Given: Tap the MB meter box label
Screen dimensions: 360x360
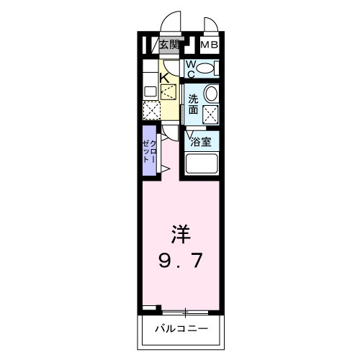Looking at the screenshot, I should click(x=209, y=45).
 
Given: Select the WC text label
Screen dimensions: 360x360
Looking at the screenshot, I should click(x=191, y=69).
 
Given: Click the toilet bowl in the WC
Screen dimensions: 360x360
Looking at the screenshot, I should click(x=207, y=69).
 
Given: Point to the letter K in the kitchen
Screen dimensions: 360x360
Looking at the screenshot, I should click(x=164, y=77).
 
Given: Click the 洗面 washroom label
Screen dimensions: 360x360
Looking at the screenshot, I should click(x=193, y=104).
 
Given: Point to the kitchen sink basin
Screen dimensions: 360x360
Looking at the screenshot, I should click(x=150, y=91).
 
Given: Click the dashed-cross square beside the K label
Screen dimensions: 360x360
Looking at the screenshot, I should click(x=168, y=91).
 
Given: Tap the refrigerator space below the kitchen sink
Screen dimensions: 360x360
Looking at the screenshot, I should click(x=151, y=110).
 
